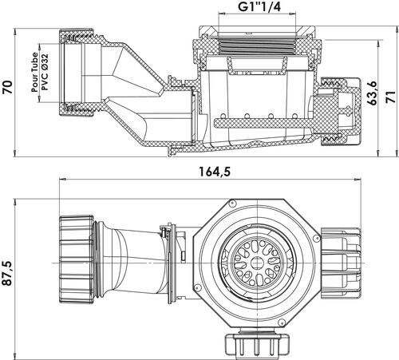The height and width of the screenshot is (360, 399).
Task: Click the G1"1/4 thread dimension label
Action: [x=259, y=7]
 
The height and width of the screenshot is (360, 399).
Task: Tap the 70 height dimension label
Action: [x=8, y=86]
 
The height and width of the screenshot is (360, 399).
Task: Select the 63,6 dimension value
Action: [x=373, y=93]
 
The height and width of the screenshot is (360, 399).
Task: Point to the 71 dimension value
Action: [x=390, y=97]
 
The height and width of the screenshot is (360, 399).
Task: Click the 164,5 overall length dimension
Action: [x=215, y=172]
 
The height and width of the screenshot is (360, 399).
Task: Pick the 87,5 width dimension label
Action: [x=7, y=273]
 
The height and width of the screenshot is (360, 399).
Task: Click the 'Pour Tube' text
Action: [x=34, y=73]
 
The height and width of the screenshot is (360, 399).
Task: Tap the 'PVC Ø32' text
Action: [x=45, y=72]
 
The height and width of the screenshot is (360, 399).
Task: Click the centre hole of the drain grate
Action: [x=258, y=263]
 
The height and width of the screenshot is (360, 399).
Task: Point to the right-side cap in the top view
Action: [x=341, y=263]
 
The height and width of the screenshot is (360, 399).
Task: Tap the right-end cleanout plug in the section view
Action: [x=341, y=111]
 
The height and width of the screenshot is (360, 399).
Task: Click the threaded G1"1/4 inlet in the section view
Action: [x=257, y=45]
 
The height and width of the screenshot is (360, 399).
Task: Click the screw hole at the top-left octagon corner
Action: [x=233, y=204]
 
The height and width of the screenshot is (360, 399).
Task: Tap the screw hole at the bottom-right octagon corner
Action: [x=282, y=322]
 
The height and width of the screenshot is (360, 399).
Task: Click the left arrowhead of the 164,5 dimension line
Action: [x=62, y=180]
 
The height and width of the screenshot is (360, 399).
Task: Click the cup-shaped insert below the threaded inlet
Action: [x=258, y=65]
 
